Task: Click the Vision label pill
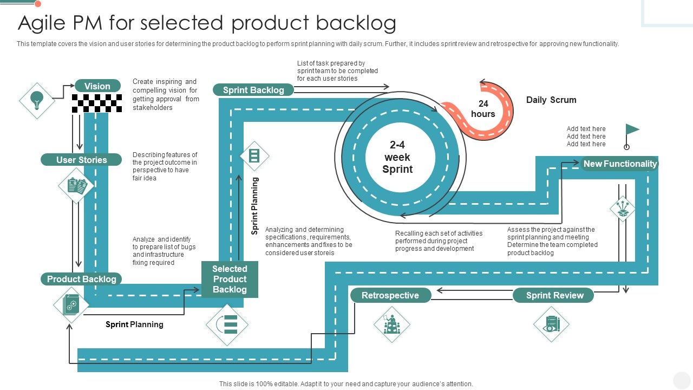tap(97, 86)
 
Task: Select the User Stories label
tap(82, 160)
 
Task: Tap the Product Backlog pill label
tap(82, 279)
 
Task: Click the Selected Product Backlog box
tap(230, 279)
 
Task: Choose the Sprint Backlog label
tap(253, 90)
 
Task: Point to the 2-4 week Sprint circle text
tap(397, 157)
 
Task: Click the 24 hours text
tap(483, 109)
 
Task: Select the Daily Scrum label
tap(551, 100)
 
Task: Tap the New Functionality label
tap(620, 164)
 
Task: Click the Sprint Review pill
tap(554, 295)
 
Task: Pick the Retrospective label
tap(390, 295)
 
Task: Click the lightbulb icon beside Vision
tap(37, 100)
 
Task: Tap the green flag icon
tap(631, 130)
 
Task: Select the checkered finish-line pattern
tap(97, 103)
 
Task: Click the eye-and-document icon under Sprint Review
tap(551, 324)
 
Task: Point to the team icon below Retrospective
tap(391, 324)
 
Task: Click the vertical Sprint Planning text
tap(255, 206)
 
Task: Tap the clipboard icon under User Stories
tap(76, 186)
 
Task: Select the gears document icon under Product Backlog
tap(71, 304)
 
